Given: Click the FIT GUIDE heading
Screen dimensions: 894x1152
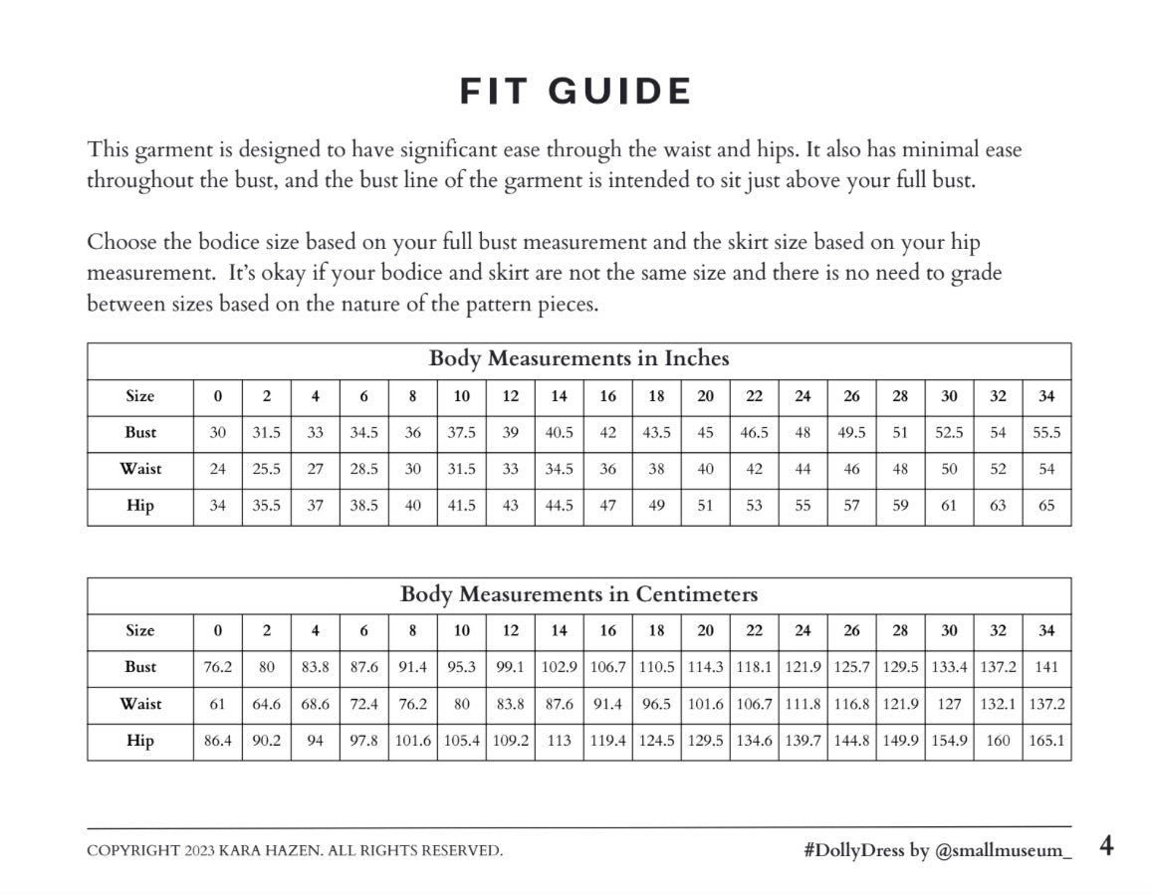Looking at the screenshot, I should point(576,92).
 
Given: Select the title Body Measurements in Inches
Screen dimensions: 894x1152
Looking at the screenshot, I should point(578,358).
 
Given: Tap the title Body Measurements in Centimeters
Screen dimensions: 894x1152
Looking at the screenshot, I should point(578,594).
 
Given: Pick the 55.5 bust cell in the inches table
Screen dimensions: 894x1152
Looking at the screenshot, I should point(1046,433).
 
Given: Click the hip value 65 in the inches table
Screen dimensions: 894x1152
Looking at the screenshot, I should point(1046,506).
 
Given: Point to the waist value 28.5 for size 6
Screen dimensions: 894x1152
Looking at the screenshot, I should point(363,469).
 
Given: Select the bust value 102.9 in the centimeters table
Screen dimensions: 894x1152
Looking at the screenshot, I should point(559,667).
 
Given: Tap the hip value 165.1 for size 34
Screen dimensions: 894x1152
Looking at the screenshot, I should point(1046,741).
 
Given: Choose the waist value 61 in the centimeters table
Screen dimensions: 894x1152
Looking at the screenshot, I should point(217,704).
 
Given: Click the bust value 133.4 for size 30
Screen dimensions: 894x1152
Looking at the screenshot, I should point(949,667).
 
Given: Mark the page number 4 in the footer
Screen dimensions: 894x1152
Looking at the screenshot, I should point(1106,846).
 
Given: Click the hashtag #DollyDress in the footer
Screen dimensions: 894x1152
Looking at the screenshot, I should point(853,850).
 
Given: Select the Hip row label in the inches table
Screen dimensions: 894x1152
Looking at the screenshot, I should point(140,506).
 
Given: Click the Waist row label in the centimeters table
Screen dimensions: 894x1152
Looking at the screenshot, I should point(140,704).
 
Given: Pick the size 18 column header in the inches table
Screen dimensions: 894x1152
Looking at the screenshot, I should point(656,396).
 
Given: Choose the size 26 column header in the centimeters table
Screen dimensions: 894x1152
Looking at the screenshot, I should point(851,630).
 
